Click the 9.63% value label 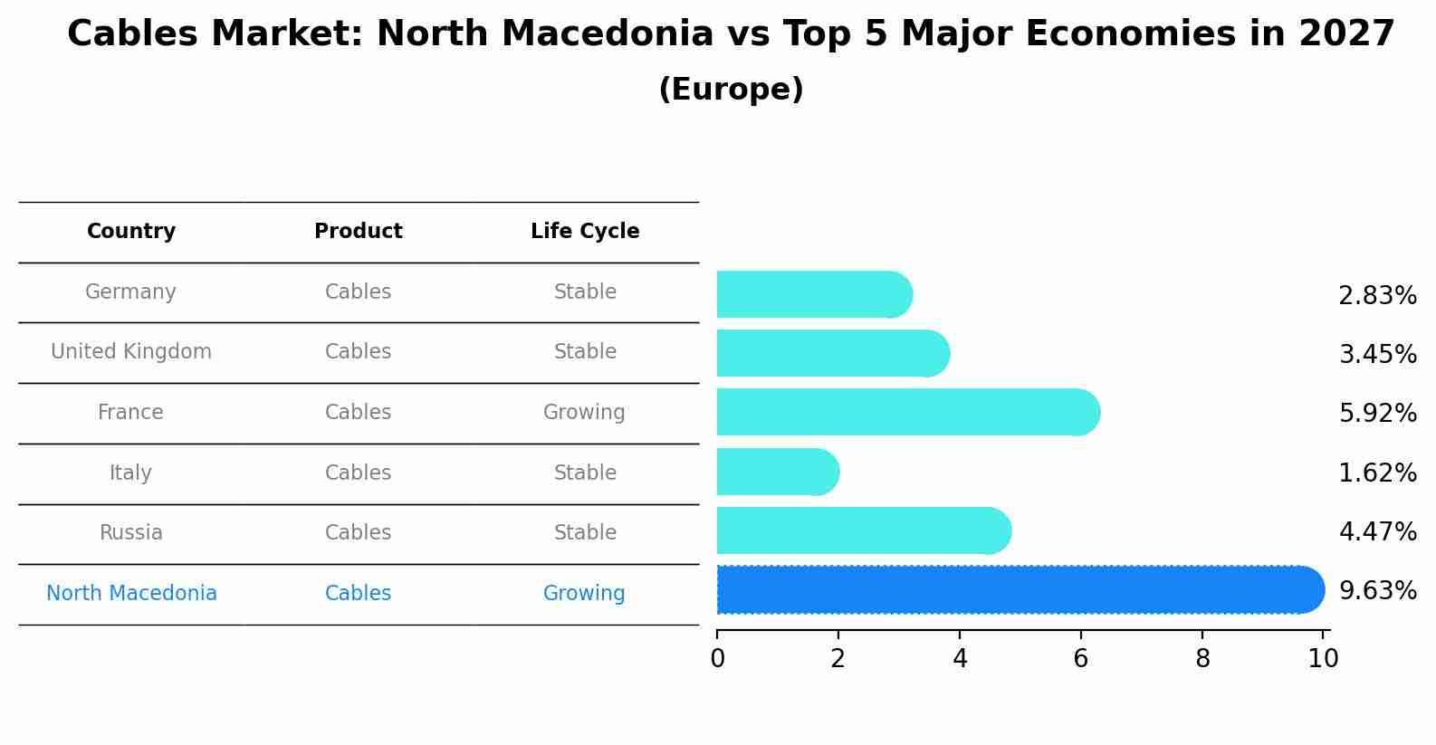[x=1377, y=591]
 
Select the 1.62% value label [x=1377, y=473]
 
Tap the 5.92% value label [x=1377, y=414]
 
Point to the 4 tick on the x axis [x=960, y=659]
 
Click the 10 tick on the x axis [x=1323, y=659]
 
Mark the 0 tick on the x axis [x=717, y=659]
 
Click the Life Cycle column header [x=585, y=232]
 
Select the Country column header [x=131, y=232]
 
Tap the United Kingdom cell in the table [x=131, y=352]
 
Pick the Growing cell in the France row [x=584, y=413]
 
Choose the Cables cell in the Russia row [x=358, y=533]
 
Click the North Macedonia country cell [x=131, y=594]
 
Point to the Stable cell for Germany [x=585, y=292]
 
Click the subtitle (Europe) [x=731, y=90]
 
